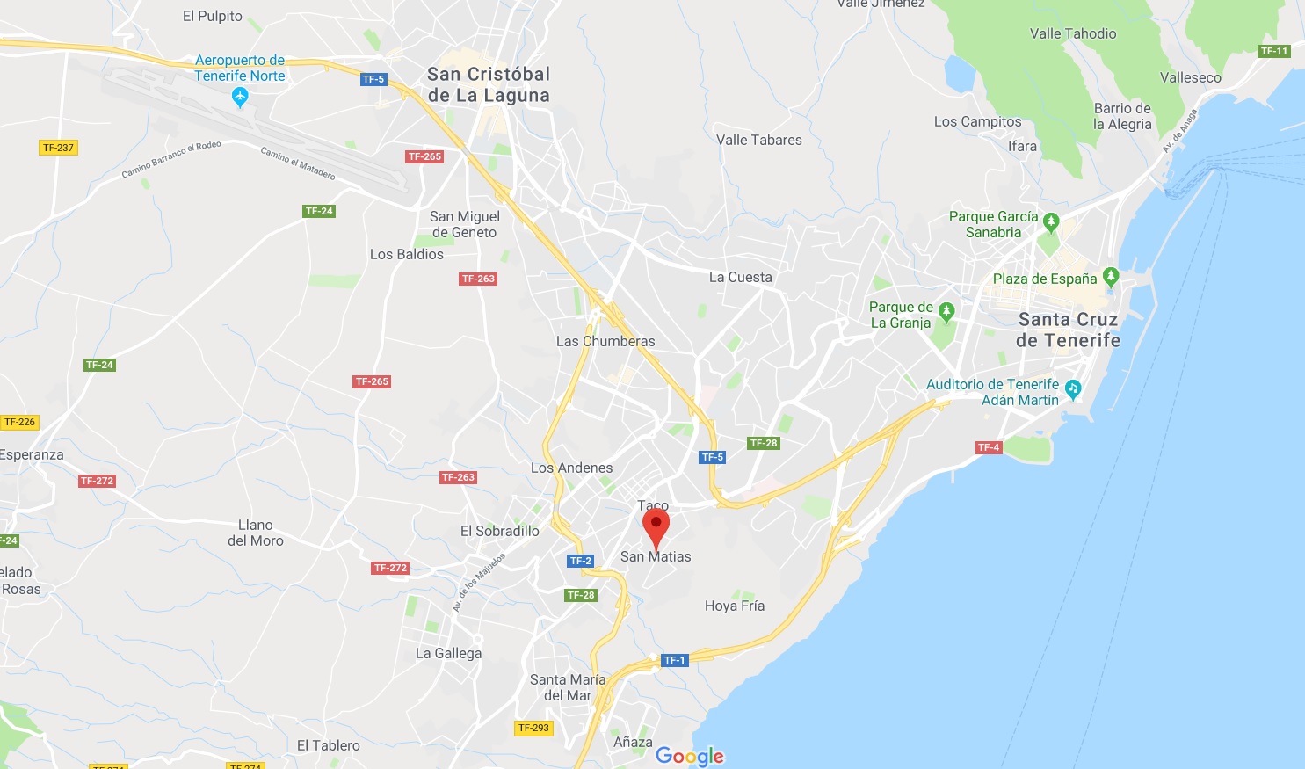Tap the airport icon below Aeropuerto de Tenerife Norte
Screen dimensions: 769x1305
(240, 97)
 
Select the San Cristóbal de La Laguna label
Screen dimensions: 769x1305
(489, 85)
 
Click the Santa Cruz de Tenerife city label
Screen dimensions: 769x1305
(1068, 330)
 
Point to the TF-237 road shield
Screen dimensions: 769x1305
(59, 148)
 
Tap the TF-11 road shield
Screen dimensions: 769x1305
(1274, 51)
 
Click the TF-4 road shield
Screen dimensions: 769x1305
(989, 447)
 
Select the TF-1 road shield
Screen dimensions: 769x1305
(674, 660)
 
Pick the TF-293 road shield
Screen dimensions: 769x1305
(533, 728)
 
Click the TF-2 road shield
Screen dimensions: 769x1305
(581, 561)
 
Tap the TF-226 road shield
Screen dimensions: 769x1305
(19, 423)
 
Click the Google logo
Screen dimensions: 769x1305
(690, 756)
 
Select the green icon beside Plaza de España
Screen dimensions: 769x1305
(1111, 277)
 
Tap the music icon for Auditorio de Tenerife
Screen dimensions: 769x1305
(1072, 388)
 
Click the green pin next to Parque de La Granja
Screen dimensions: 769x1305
(946, 310)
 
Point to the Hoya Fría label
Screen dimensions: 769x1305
(735, 606)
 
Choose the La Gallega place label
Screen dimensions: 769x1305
(448, 653)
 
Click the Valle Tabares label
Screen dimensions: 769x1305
(759, 140)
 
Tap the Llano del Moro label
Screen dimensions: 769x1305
(256, 533)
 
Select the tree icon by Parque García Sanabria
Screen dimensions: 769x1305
(1051, 221)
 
